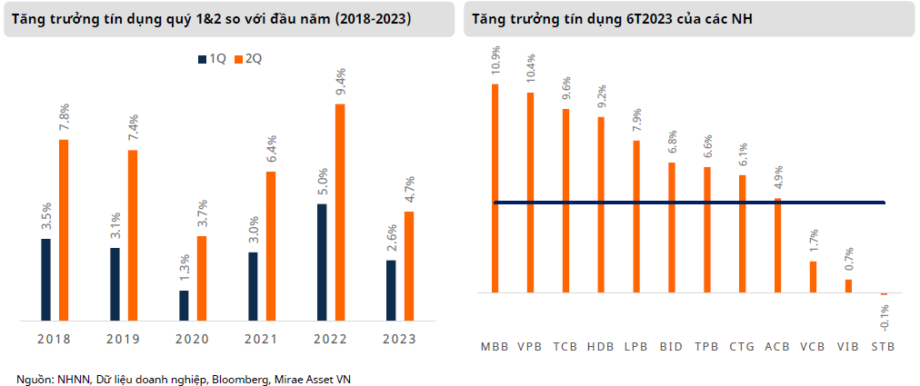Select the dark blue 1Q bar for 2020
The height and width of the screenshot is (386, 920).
click(184, 305)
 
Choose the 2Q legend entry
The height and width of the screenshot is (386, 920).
click(248, 59)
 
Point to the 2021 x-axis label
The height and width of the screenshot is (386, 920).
click(260, 339)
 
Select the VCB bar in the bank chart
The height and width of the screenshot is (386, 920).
click(813, 277)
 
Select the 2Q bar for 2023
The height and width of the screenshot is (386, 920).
click(409, 265)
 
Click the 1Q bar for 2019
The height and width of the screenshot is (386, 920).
click(115, 283)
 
